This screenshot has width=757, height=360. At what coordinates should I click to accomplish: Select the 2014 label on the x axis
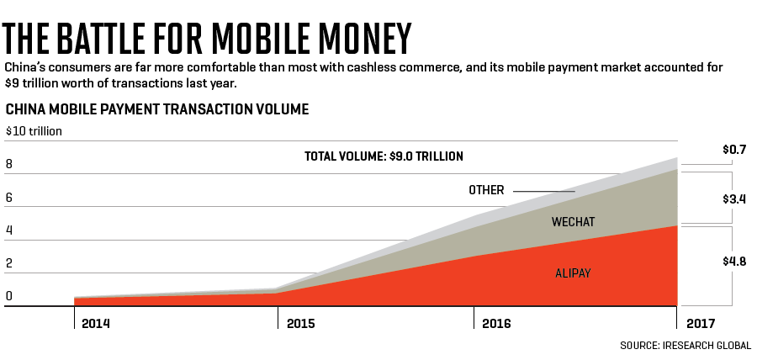96,323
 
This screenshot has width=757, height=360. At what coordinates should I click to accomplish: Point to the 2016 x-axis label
497,323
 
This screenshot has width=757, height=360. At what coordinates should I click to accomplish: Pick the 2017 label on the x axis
701,323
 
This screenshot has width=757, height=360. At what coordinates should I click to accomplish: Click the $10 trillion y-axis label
34,131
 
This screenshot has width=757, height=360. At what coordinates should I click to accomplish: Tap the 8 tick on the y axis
9,165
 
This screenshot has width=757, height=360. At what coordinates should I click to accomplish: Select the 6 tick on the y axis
9,198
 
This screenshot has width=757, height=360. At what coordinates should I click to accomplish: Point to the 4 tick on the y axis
9,230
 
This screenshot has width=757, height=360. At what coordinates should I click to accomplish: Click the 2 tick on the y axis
9,263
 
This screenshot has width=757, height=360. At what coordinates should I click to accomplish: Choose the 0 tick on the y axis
9,296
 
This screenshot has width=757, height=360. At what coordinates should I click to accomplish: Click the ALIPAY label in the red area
573,273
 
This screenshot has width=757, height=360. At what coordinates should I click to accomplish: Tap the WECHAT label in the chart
573,222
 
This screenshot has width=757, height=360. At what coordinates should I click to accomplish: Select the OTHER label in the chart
486,190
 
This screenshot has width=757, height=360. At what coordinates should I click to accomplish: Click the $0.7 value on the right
734,150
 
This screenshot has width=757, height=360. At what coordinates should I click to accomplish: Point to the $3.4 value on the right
734,199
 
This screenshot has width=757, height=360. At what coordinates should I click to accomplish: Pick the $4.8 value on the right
734,261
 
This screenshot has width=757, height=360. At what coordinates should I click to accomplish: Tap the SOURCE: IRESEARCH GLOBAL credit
686,346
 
